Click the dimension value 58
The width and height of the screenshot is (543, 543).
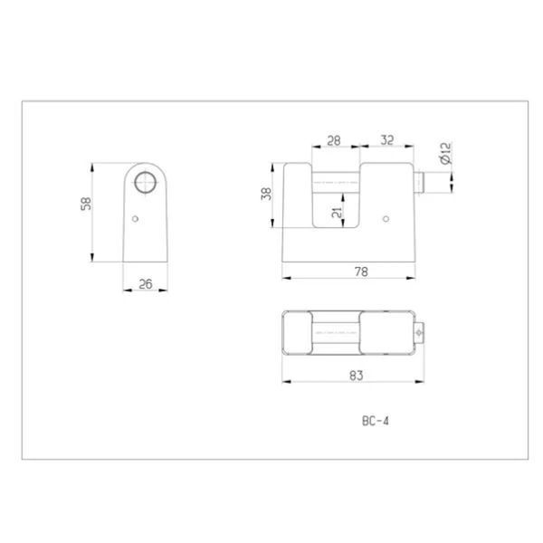click(x=86, y=204)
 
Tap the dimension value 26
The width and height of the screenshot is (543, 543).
click(x=146, y=284)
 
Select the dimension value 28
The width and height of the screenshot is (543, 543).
click(x=334, y=140)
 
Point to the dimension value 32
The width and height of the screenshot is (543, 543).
click(x=387, y=140)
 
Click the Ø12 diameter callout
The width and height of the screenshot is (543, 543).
click(x=445, y=153)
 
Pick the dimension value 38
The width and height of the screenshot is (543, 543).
click(x=267, y=194)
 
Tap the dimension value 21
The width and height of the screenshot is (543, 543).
click(x=337, y=212)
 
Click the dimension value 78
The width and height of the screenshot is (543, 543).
click(x=361, y=271)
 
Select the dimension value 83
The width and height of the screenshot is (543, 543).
click(x=357, y=376)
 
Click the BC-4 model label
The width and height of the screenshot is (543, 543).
click(x=376, y=421)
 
